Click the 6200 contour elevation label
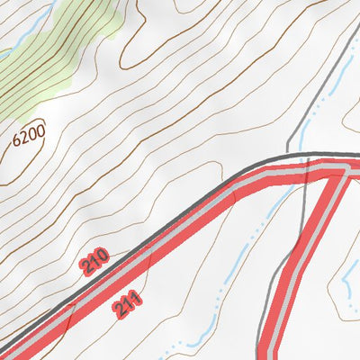pyautogui.click(x=29, y=139)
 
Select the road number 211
pyautogui.click(x=128, y=303)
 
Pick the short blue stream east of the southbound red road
pyautogui.click(x=346, y=288)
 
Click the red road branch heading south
pyautogui.click(x=301, y=261)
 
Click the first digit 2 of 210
pyautogui.click(x=86, y=270)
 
